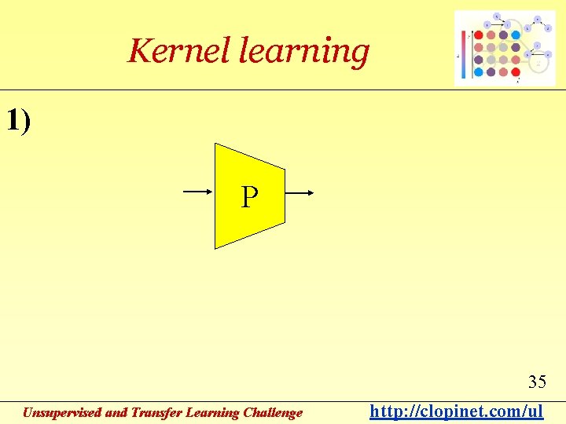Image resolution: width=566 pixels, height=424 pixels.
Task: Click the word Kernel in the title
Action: point(178,51)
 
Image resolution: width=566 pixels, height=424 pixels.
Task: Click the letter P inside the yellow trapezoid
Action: point(248,197)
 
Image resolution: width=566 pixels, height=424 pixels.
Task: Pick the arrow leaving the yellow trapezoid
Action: point(300,192)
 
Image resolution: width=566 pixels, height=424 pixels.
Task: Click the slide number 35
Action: point(537,382)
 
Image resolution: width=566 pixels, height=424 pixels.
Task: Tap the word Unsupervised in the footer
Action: point(61,412)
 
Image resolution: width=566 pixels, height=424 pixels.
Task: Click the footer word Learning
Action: point(215,412)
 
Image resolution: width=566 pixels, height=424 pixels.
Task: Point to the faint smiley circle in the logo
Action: point(538,62)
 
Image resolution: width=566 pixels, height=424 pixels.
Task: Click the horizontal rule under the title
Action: point(283,90)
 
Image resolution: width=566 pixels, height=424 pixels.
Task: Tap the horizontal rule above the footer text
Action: point(283,401)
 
